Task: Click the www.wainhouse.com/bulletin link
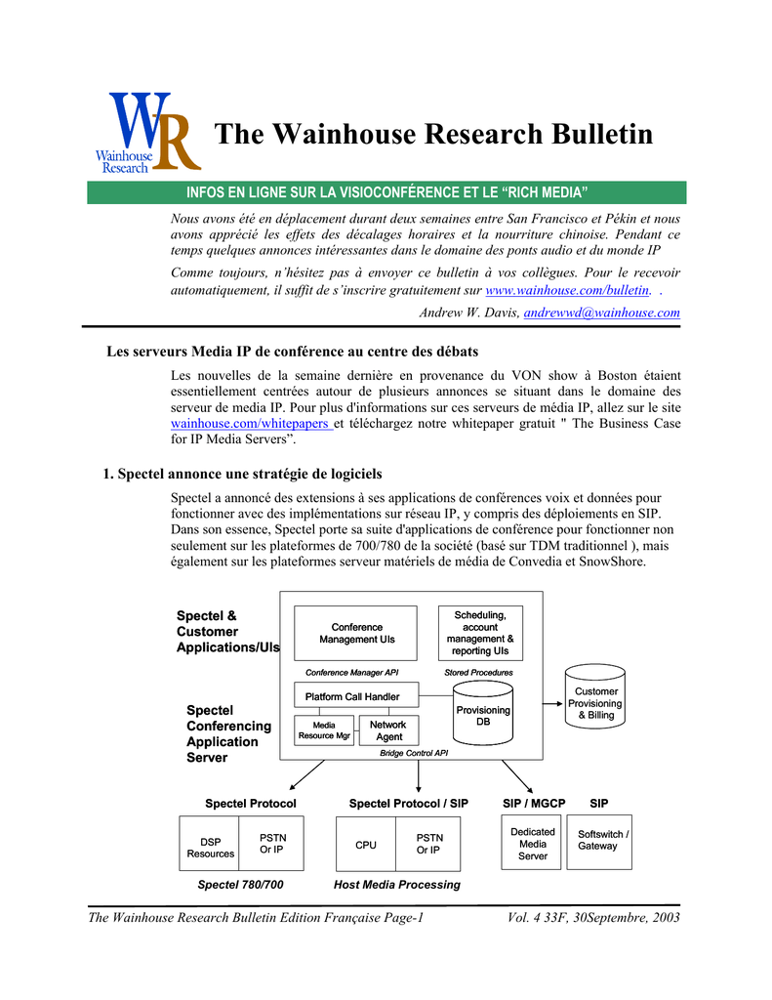567,291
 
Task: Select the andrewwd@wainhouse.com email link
601,312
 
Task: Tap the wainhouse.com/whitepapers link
251,425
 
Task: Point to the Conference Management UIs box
356,633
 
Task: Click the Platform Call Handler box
356,696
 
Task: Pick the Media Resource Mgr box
324,730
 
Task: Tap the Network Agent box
388,730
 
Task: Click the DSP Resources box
210,847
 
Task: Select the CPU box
366,845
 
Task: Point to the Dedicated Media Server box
533,843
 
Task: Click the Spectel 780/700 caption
240,885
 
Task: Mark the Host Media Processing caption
396,885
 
